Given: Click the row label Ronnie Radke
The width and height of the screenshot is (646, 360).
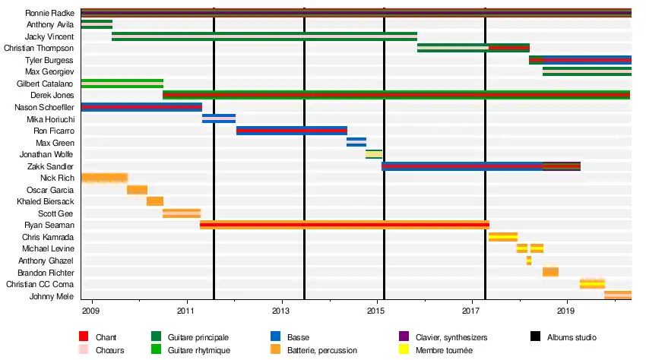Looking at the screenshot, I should [x=49, y=13].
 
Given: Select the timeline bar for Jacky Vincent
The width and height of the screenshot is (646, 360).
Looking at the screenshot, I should [x=264, y=36].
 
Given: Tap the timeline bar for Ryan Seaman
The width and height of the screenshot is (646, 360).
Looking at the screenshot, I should [x=344, y=225].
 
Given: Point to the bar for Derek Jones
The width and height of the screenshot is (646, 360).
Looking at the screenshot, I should [x=396, y=95].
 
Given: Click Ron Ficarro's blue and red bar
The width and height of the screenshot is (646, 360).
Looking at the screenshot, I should [x=291, y=131].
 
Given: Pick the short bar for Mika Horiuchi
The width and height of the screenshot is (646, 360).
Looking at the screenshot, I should [x=219, y=118].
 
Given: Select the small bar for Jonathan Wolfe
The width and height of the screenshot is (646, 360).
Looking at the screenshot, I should [x=373, y=154].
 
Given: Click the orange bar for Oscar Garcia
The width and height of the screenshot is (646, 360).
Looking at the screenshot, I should [x=137, y=190].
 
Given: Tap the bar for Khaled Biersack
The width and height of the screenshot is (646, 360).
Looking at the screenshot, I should [x=154, y=201].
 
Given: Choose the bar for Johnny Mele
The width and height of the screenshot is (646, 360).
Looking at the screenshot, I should [x=617, y=295].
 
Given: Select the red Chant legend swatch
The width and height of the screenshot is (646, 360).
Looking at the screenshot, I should [x=84, y=336].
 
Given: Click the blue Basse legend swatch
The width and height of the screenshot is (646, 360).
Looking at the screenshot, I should [x=275, y=336].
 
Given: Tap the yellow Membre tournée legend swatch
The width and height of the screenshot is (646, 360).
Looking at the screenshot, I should [x=404, y=350].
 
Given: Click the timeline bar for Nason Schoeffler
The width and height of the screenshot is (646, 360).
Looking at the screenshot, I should [x=141, y=107].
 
